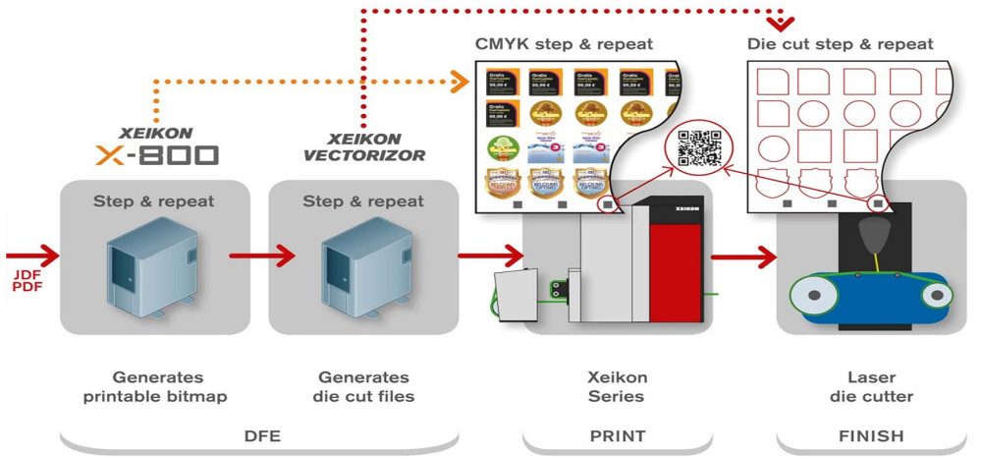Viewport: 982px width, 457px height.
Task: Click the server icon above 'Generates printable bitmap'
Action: (147, 261)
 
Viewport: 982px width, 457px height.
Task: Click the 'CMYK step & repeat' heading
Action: (564, 44)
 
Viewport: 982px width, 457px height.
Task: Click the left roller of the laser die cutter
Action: (806, 293)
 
